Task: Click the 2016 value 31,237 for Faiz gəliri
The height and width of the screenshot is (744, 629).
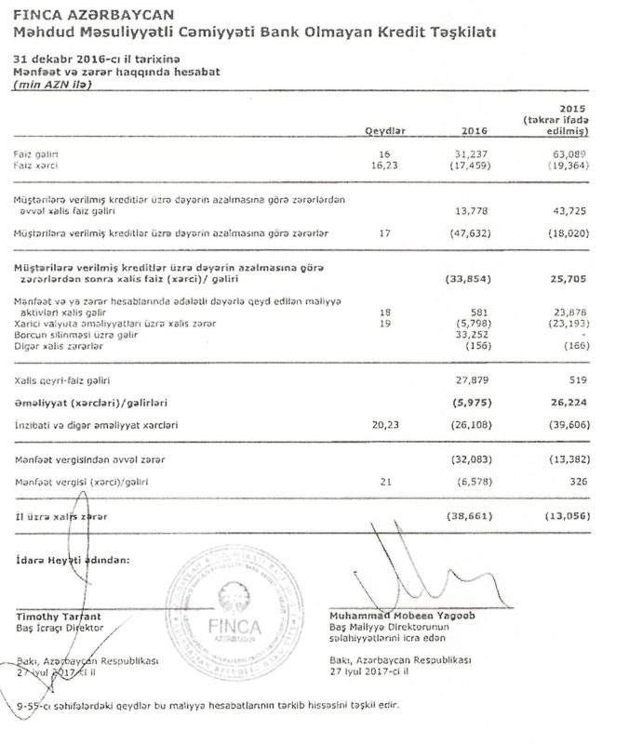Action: pyautogui.click(x=474, y=152)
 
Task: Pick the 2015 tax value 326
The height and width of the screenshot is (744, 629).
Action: pyautogui.click(x=579, y=482)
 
